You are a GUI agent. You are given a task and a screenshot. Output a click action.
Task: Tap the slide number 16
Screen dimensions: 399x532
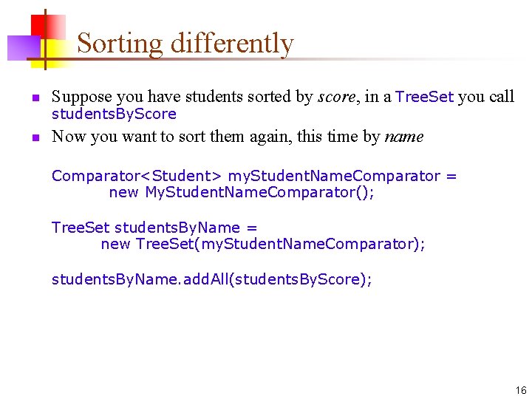[x=521, y=390]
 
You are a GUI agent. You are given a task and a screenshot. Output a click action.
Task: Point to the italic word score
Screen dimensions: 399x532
[x=333, y=97]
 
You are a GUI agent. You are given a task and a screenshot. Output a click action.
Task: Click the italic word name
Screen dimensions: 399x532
[x=404, y=137]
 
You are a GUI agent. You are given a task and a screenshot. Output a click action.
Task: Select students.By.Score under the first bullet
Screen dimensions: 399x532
[x=114, y=114]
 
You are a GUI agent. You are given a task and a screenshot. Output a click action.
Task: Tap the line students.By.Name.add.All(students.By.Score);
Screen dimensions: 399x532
[x=212, y=279]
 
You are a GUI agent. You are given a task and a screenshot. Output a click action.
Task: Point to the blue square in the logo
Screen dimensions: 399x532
[x=20, y=47]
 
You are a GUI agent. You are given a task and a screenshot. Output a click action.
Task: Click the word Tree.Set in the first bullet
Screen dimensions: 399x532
[x=424, y=97]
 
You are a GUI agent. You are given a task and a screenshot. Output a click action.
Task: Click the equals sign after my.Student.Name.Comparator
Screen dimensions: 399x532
[x=451, y=176]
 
